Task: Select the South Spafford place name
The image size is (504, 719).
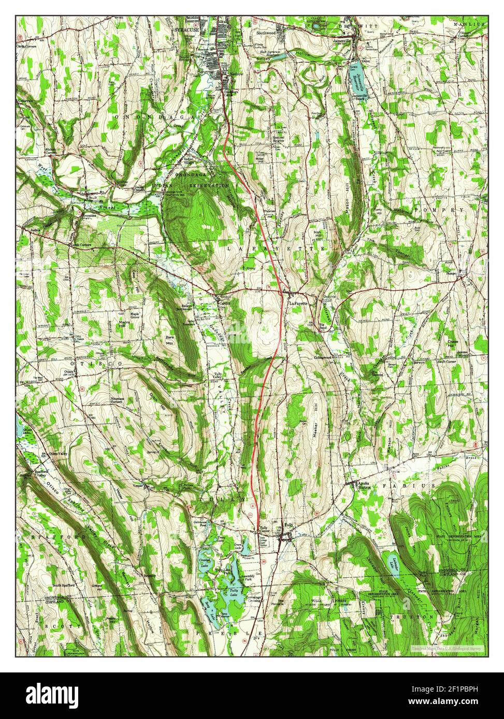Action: point(64,585)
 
